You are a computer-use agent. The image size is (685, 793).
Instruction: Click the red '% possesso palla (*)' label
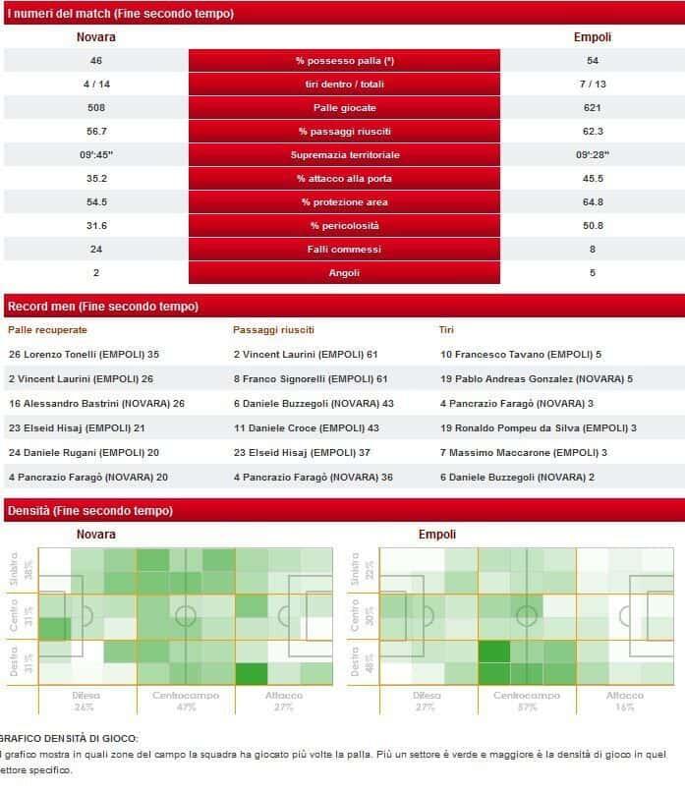coord(344,61)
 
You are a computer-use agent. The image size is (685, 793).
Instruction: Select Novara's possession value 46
coord(95,61)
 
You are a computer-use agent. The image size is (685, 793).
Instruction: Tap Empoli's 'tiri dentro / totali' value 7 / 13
coord(593,85)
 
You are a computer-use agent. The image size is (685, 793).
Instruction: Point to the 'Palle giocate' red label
coord(344,108)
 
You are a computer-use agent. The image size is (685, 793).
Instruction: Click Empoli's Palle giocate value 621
coord(593,108)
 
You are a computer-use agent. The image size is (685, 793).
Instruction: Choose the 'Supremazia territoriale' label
coord(344,155)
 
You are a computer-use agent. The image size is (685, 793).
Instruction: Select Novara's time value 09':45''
coord(95,155)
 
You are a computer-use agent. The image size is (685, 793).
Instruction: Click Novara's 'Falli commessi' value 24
coord(95,250)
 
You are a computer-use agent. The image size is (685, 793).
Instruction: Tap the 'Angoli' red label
coord(344,273)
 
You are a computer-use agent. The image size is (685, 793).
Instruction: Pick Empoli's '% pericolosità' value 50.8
coord(593,226)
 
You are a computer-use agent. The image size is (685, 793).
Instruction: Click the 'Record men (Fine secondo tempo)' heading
coord(102,306)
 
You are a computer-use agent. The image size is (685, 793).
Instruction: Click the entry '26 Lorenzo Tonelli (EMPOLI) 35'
coord(84,354)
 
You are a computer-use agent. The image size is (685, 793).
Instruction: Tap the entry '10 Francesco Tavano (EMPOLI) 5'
coord(520,354)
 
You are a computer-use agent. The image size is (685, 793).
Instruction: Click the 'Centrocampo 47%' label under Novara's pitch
coord(186,701)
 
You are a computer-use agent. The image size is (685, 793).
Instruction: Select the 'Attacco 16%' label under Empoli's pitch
coord(625,701)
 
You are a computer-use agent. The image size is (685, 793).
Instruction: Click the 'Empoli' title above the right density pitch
coord(437,535)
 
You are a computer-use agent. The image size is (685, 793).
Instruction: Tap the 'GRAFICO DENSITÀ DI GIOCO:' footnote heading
coord(70,738)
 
